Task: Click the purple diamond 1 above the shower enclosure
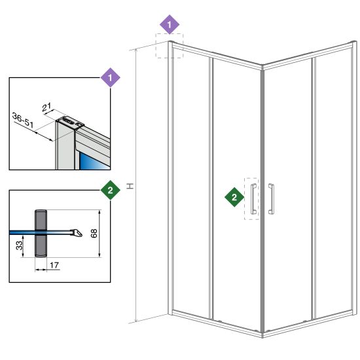coord(170,25)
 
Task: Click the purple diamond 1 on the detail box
coord(111,78)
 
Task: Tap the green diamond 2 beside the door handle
coord(234,197)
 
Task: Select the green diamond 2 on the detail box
coord(111,190)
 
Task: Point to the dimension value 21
coord(46,107)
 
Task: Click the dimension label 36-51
coord(23,120)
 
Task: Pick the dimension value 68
coord(94,233)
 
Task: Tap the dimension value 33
coord(20,245)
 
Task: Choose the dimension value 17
coord(54,265)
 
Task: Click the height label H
coord(130,186)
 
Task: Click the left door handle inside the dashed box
coord(253,199)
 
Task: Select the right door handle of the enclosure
coord(271,199)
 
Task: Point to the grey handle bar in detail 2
coord(41,233)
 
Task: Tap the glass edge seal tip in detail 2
coord(77,233)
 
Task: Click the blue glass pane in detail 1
coord(94,161)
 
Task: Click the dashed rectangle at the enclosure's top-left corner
coord(170,46)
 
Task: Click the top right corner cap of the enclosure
coord(354,43)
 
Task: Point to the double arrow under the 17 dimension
coord(41,270)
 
